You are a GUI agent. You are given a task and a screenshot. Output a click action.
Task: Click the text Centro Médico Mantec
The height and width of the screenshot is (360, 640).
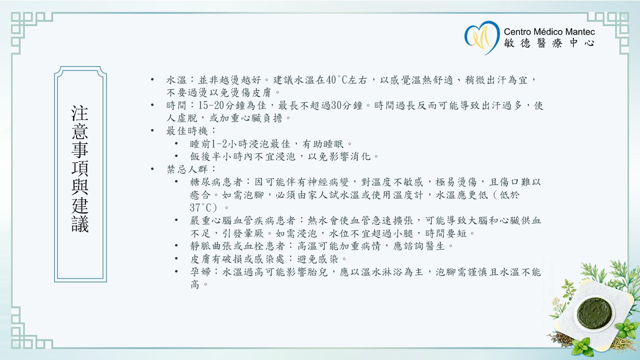(x=549, y=31)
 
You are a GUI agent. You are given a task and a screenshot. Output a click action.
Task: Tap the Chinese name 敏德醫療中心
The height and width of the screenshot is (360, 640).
(x=549, y=43)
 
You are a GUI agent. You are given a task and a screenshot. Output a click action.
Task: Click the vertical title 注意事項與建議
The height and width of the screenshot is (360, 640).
(x=80, y=168)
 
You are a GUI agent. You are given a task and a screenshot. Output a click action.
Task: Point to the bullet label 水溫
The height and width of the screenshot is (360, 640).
(x=174, y=80)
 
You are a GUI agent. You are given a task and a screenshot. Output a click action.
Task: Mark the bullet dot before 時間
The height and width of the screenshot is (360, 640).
(x=152, y=105)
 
